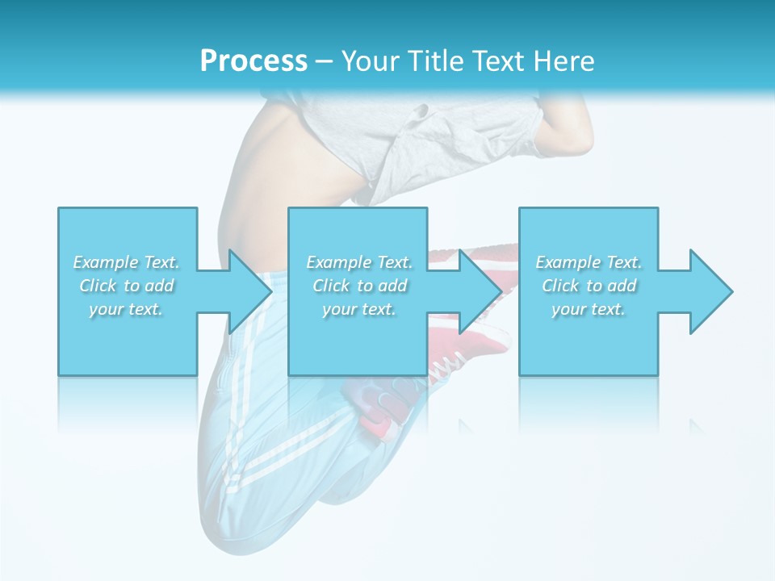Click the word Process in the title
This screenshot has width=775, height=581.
point(253,61)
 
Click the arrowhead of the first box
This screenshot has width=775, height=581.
point(249,291)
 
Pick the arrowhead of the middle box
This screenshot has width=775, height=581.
point(480,291)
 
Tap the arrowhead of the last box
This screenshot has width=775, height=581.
point(710,291)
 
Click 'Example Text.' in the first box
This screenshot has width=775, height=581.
point(127,262)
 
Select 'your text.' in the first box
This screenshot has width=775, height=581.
point(127,309)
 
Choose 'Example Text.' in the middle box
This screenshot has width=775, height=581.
point(359,262)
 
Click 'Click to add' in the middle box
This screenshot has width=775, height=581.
point(359,286)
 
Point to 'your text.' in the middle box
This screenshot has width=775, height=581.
point(359,309)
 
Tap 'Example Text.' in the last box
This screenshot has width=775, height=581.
point(589,262)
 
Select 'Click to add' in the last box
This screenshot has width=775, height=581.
point(589,286)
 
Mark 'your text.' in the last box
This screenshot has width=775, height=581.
point(589,309)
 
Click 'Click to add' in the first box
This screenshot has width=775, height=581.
point(127,286)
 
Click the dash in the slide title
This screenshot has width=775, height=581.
point(324,62)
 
